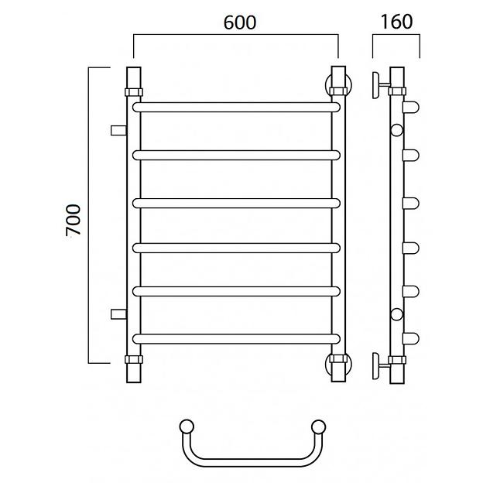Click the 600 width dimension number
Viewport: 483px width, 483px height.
240,22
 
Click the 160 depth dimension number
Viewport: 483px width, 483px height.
396,22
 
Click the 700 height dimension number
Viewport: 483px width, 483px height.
74,220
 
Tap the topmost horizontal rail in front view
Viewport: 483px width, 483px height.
236,107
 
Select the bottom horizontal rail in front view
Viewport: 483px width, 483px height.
236,339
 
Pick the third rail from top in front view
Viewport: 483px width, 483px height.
236,204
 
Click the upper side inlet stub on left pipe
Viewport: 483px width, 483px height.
118,130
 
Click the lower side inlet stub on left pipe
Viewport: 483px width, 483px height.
118,314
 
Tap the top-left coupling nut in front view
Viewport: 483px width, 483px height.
134,92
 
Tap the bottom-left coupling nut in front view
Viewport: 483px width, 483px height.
134,359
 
